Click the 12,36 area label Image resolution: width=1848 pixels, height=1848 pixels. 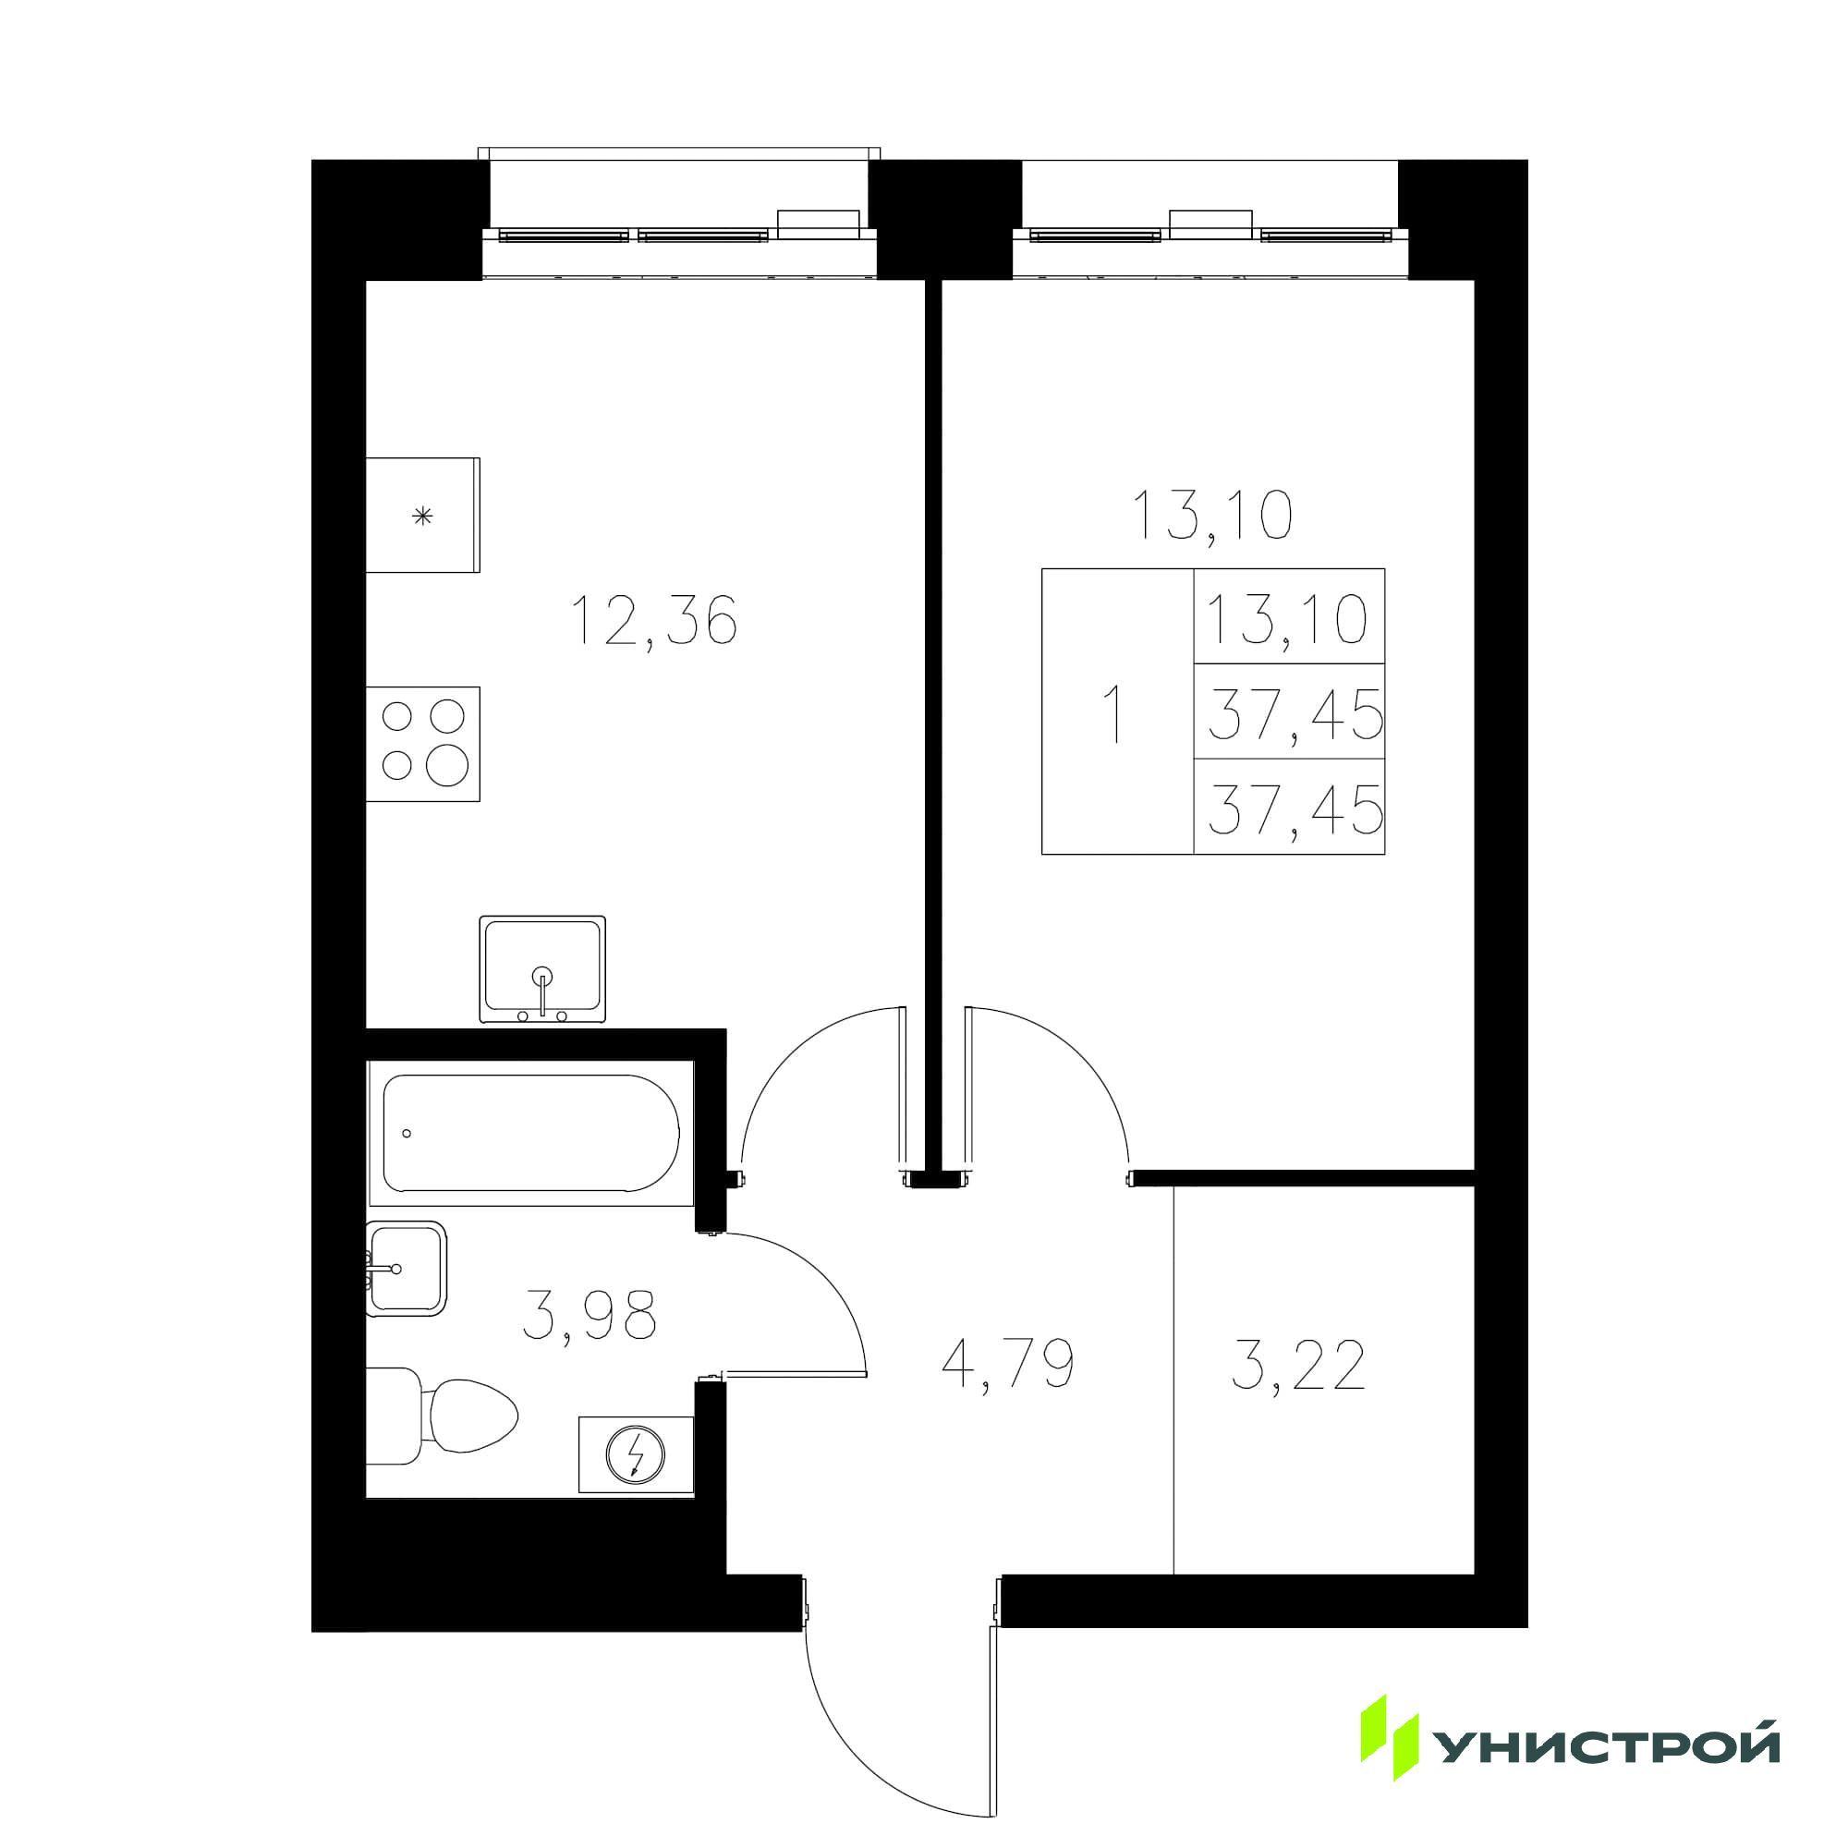click(653, 622)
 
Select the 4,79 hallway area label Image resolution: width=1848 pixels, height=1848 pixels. click(1009, 1365)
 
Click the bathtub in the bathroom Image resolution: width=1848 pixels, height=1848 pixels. click(531, 1134)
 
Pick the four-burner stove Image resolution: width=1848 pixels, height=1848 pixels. click(424, 743)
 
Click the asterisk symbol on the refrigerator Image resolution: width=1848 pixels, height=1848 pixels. click(422, 517)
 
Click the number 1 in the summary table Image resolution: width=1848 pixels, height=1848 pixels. click(1112, 711)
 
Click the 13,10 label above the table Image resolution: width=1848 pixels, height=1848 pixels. click(1211, 516)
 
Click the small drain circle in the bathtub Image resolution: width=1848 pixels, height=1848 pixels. click(407, 1134)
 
